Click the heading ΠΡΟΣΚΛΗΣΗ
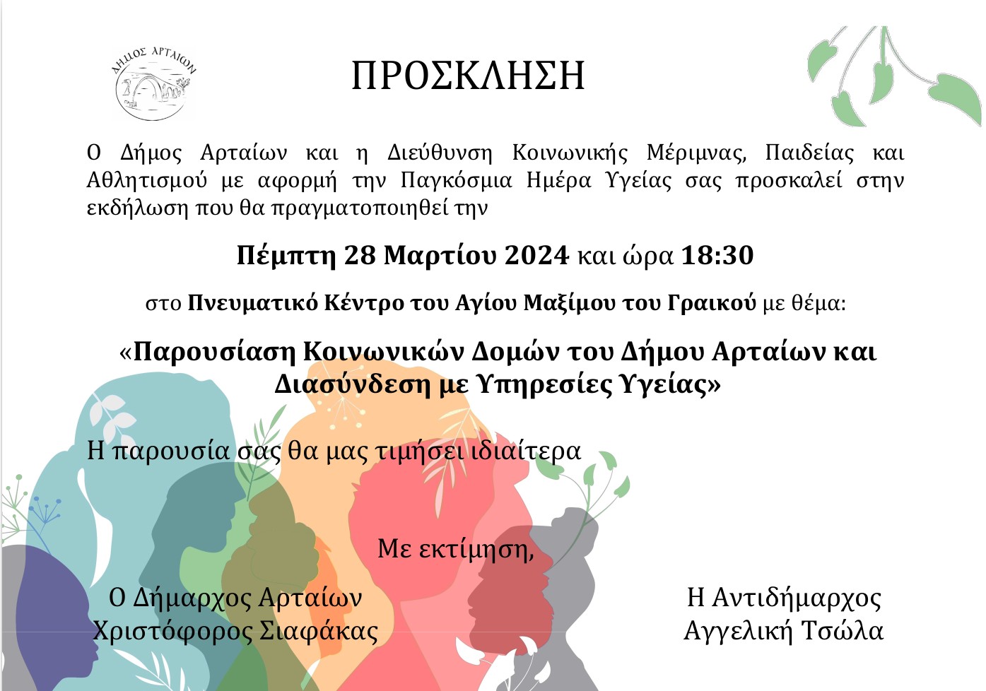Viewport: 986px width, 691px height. (x=468, y=76)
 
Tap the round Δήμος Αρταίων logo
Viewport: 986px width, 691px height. (x=153, y=83)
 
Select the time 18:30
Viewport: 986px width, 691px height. (x=717, y=255)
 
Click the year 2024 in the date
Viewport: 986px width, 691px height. (x=537, y=255)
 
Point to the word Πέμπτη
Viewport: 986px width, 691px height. (x=286, y=256)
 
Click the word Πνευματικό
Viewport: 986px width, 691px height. (x=253, y=303)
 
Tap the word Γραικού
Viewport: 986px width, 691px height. (x=712, y=303)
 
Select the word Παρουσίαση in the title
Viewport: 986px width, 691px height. (x=214, y=352)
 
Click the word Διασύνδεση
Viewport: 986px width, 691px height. (x=352, y=384)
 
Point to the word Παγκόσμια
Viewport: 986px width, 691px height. (x=457, y=180)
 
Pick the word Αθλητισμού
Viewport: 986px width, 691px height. (x=146, y=180)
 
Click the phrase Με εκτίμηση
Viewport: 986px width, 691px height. (x=456, y=548)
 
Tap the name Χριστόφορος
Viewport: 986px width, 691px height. (x=173, y=631)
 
